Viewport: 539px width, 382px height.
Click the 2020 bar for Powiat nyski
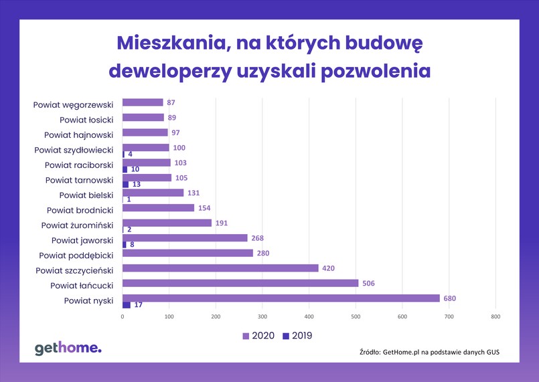281,298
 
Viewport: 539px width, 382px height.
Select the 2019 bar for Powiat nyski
127,305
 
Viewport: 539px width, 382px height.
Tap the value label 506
368,283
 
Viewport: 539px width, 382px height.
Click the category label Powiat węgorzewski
74,104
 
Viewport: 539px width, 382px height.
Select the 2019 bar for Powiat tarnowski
126,185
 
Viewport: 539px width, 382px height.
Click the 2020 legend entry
256,336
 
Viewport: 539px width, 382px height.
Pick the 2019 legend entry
296,336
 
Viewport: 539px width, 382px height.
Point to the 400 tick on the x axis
309,316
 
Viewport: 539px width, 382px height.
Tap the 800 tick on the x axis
495,316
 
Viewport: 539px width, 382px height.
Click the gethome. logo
68,347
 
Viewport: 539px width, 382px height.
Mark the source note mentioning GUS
429,352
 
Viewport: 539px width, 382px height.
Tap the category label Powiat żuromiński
77,225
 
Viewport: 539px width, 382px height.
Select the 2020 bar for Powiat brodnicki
158,208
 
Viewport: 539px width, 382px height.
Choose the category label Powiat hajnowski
79,134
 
